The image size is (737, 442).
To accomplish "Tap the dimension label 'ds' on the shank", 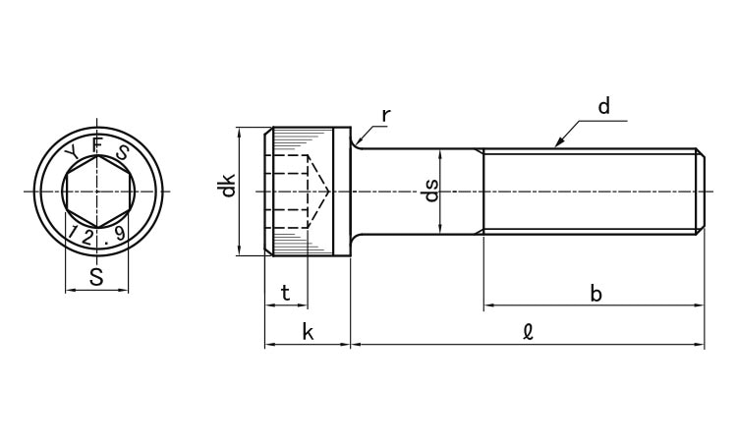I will (429, 191).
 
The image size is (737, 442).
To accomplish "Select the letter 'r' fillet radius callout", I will (386, 116).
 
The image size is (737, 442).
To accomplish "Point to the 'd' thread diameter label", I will (603, 107).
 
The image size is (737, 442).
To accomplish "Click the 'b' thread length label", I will (595, 293).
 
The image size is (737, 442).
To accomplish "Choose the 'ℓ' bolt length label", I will (528, 332).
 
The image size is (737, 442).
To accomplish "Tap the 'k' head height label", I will (308, 332).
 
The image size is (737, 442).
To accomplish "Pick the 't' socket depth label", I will (285, 293).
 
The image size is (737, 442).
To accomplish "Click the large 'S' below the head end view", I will (96, 277).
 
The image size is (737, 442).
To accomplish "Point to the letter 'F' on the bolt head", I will (96, 144).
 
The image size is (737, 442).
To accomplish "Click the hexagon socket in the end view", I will (97, 191).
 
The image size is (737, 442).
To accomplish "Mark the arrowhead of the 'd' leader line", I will (559, 143).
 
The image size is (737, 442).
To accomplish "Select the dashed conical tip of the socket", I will (319, 191).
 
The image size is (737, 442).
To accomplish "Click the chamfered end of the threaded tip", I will (701, 191).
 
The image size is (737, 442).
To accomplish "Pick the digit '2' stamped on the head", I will (88, 237).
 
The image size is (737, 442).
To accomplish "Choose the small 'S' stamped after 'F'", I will (122, 152).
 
